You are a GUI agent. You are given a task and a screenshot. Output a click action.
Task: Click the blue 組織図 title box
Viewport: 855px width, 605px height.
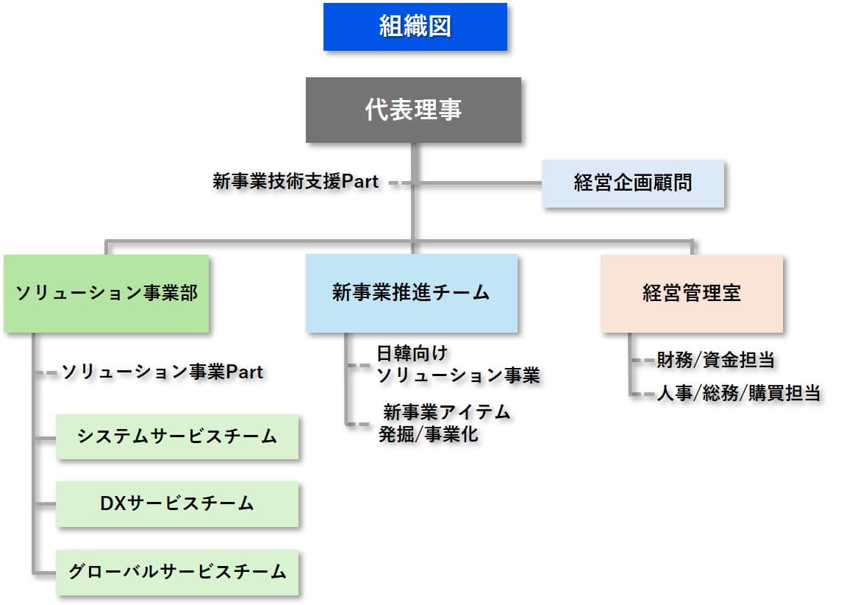415,27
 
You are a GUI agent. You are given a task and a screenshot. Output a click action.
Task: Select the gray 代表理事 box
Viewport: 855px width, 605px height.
413,110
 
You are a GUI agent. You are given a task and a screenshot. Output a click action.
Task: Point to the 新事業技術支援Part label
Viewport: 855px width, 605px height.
296,181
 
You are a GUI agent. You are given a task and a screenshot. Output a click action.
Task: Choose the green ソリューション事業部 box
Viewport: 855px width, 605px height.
107,293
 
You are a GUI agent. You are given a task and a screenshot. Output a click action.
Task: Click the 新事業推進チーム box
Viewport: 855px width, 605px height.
411,293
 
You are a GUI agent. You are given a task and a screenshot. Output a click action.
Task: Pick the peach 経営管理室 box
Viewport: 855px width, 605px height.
691,293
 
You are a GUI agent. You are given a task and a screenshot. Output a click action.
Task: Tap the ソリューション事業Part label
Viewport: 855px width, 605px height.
162,372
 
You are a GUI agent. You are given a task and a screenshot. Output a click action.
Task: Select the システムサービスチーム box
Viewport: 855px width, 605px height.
177,436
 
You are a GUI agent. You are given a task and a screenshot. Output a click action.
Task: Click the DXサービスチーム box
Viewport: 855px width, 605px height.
177,504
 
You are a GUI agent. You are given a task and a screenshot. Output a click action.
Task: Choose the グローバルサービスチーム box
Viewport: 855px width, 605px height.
177,572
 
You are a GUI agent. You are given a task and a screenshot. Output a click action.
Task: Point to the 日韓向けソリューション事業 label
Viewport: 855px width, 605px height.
457,364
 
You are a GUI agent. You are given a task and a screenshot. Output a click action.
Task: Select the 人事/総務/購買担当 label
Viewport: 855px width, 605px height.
738,393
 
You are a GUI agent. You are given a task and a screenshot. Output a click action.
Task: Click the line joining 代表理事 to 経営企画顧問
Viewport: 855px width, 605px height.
478,183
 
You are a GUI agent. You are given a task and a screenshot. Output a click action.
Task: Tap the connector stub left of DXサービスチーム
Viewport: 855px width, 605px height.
45,505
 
